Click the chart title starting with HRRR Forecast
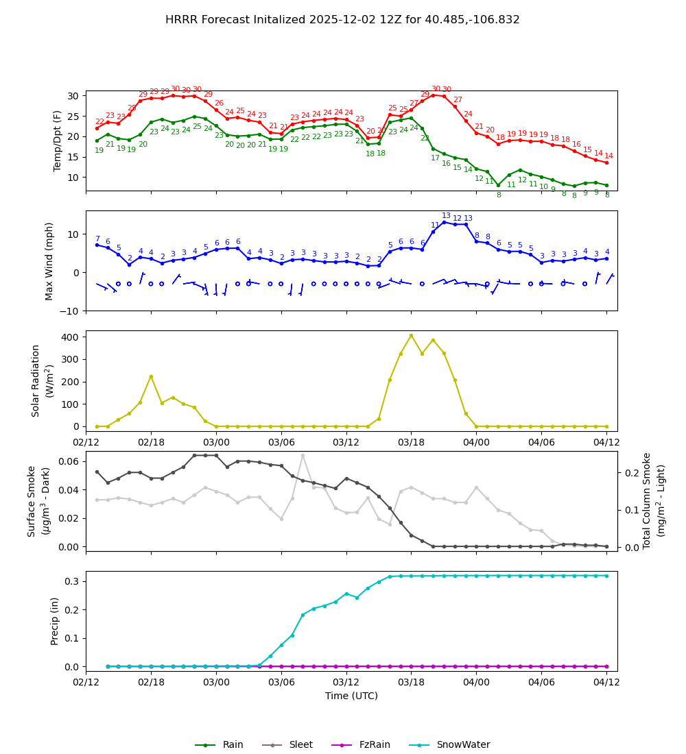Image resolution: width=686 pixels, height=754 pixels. [342, 20]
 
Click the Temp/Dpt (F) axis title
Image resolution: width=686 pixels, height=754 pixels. [58, 141]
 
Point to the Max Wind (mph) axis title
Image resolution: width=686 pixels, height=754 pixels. [49, 260]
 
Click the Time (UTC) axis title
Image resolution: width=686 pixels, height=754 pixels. [351, 696]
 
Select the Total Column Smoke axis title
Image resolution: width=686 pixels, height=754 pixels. [646, 500]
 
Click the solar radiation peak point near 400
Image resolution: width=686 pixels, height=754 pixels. [411, 335]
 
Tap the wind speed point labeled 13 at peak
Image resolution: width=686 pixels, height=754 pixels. [444, 222]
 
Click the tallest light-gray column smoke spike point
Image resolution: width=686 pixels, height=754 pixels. [303, 455]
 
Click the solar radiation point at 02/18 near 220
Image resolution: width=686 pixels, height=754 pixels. [151, 376]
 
